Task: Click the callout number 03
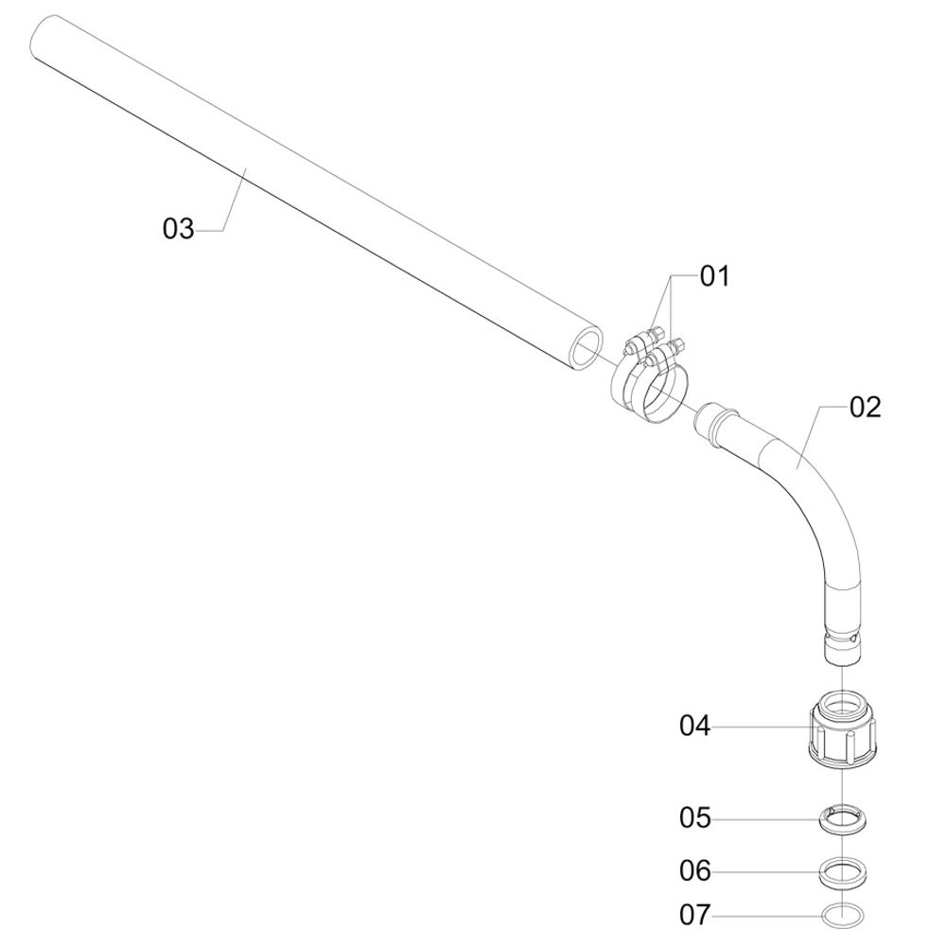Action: click(179, 229)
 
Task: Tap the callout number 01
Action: click(715, 276)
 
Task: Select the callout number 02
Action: click(866, 408)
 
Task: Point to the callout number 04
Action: click(695, 726)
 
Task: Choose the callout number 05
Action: click(695, 818)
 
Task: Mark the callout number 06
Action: click(695, 870)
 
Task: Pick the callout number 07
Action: click(695, 915)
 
